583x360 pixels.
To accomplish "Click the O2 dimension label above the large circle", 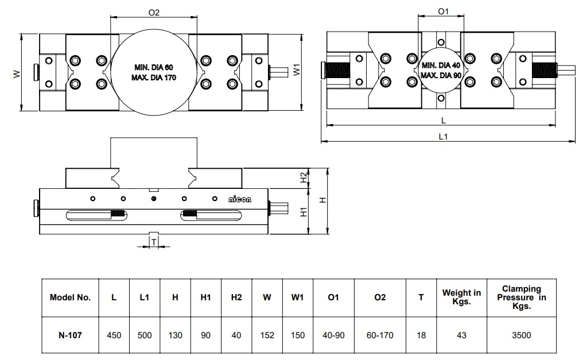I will [x=153, y=12].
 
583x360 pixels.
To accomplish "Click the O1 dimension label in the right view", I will [x=442, y=11].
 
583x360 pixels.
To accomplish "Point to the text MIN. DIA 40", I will [x=441, y=65].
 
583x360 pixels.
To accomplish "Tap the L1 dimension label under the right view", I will [x=443, y=136].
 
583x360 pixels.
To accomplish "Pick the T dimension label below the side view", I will [x=154, y=242].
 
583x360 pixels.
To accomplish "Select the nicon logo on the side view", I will [x=240, y=199].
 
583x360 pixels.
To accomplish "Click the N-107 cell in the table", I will [x=70, y=335].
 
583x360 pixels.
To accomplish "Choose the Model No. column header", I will [x=70, y=297].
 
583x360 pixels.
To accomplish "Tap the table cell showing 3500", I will [x=522, y=335].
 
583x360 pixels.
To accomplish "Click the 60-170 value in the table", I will [x=380, y=335].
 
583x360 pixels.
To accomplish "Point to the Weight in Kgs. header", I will [x=461, y=297].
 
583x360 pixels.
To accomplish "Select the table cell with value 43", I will [x=461, y=335].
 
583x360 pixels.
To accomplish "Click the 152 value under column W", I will [x=267, y=335].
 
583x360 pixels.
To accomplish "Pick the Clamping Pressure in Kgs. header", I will [x=522, y=297].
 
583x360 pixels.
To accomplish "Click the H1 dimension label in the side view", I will [x=304, y=211].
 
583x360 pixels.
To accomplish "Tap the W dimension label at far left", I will [x=17, y=73].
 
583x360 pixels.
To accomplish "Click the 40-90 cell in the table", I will [x=333, y=335].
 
